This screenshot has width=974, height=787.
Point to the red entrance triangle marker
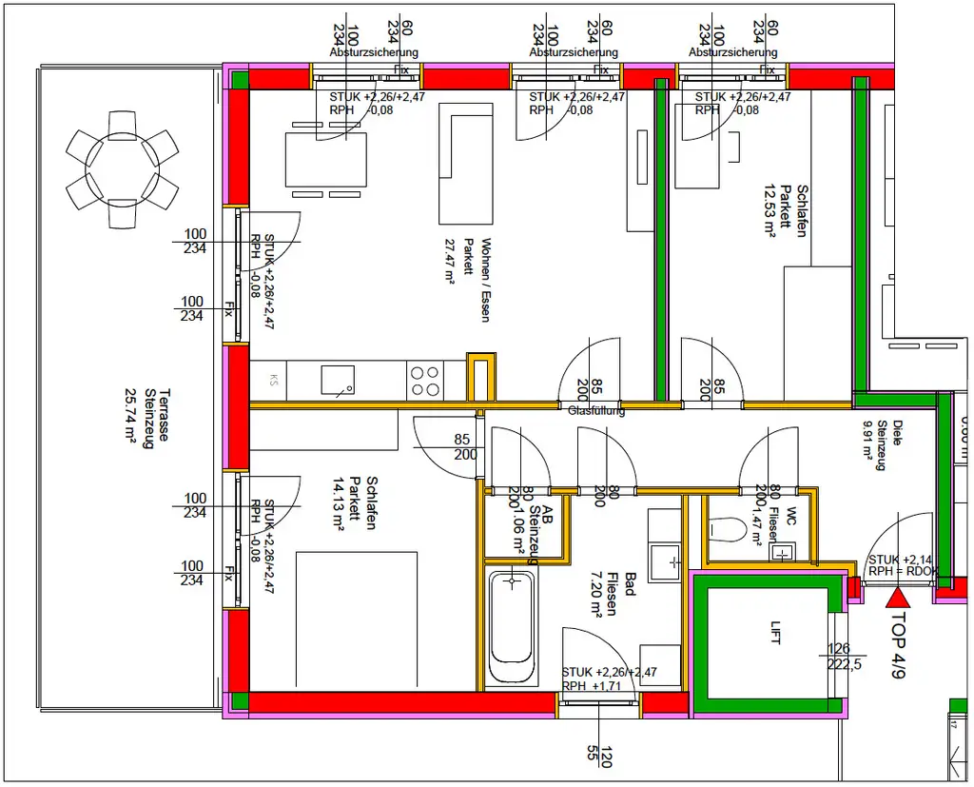(897, 598)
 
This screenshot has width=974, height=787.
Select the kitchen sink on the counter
(338, 380)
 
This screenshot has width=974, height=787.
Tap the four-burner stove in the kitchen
(425, 381)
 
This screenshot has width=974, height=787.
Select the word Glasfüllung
(596, 412)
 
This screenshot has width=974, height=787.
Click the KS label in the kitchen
(274, 381)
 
